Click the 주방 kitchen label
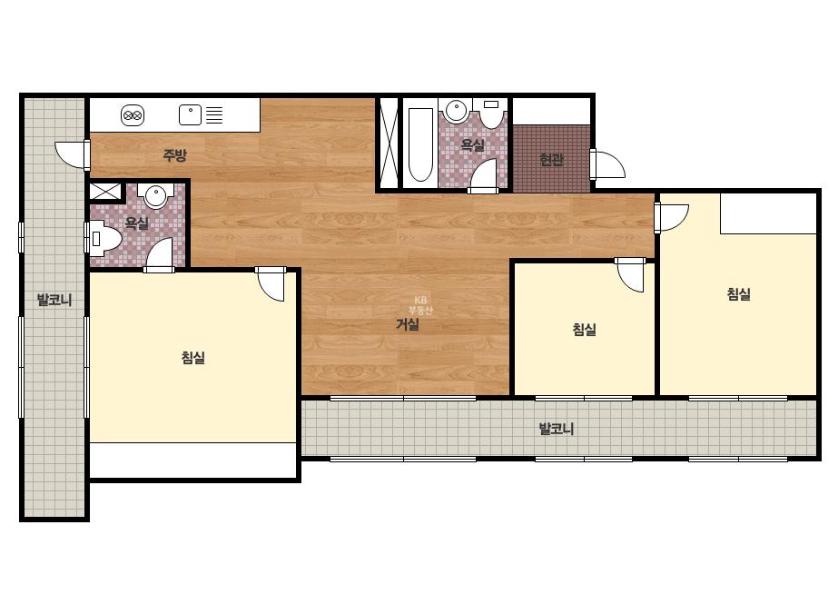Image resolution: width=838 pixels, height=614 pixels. (174, 155)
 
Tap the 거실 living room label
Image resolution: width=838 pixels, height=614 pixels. (408, 324)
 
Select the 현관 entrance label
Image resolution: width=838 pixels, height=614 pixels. (551, 159)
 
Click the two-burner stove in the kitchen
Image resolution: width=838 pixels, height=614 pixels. (133, 115)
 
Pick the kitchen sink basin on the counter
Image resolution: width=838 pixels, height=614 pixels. (190, 115)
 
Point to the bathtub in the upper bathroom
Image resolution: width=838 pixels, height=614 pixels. (420, 145)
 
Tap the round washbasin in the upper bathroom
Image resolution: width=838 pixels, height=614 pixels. (457, 111)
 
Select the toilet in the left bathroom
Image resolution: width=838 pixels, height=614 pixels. (105, 239)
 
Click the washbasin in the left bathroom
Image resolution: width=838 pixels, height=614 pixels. (156, 196)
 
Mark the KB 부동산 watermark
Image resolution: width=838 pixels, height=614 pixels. (420, 305)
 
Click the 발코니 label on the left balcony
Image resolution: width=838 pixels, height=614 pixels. (54, 300)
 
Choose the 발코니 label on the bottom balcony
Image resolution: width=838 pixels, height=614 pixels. (556, 429)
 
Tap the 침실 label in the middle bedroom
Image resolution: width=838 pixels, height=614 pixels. (584, 330)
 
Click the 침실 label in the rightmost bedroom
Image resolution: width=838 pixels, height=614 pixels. (739, 293)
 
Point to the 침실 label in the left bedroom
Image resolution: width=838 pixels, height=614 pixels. (193, 357)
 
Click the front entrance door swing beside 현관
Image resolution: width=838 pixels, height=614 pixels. (607, 164)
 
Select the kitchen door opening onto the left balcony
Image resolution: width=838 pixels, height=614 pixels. (72, 155)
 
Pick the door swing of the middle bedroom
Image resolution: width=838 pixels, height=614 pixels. (631, 274)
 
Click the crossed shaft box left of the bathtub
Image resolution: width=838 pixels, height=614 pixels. (389, 143)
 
